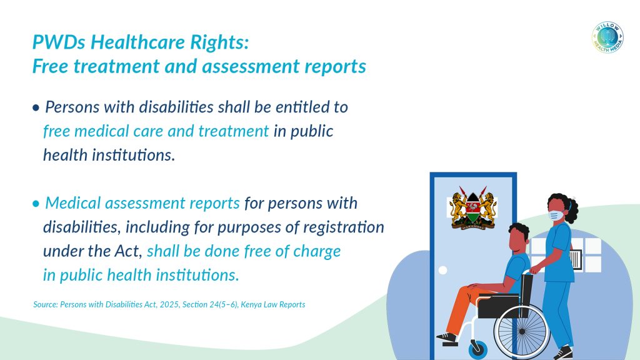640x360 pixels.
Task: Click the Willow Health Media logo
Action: pyautogui.click(x=607, y=37)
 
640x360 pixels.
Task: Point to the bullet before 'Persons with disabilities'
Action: pyautogui.click(x=36, y=107)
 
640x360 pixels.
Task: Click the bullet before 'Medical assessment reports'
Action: pyautogui.click(x=36, y=204)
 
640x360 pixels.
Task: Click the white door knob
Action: pyautogui.click(x=443, y=270)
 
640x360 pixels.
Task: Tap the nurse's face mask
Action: pyautogui.click(x=556, y=215)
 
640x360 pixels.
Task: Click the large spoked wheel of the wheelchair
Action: pyautogui.click(x=522, y=331)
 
